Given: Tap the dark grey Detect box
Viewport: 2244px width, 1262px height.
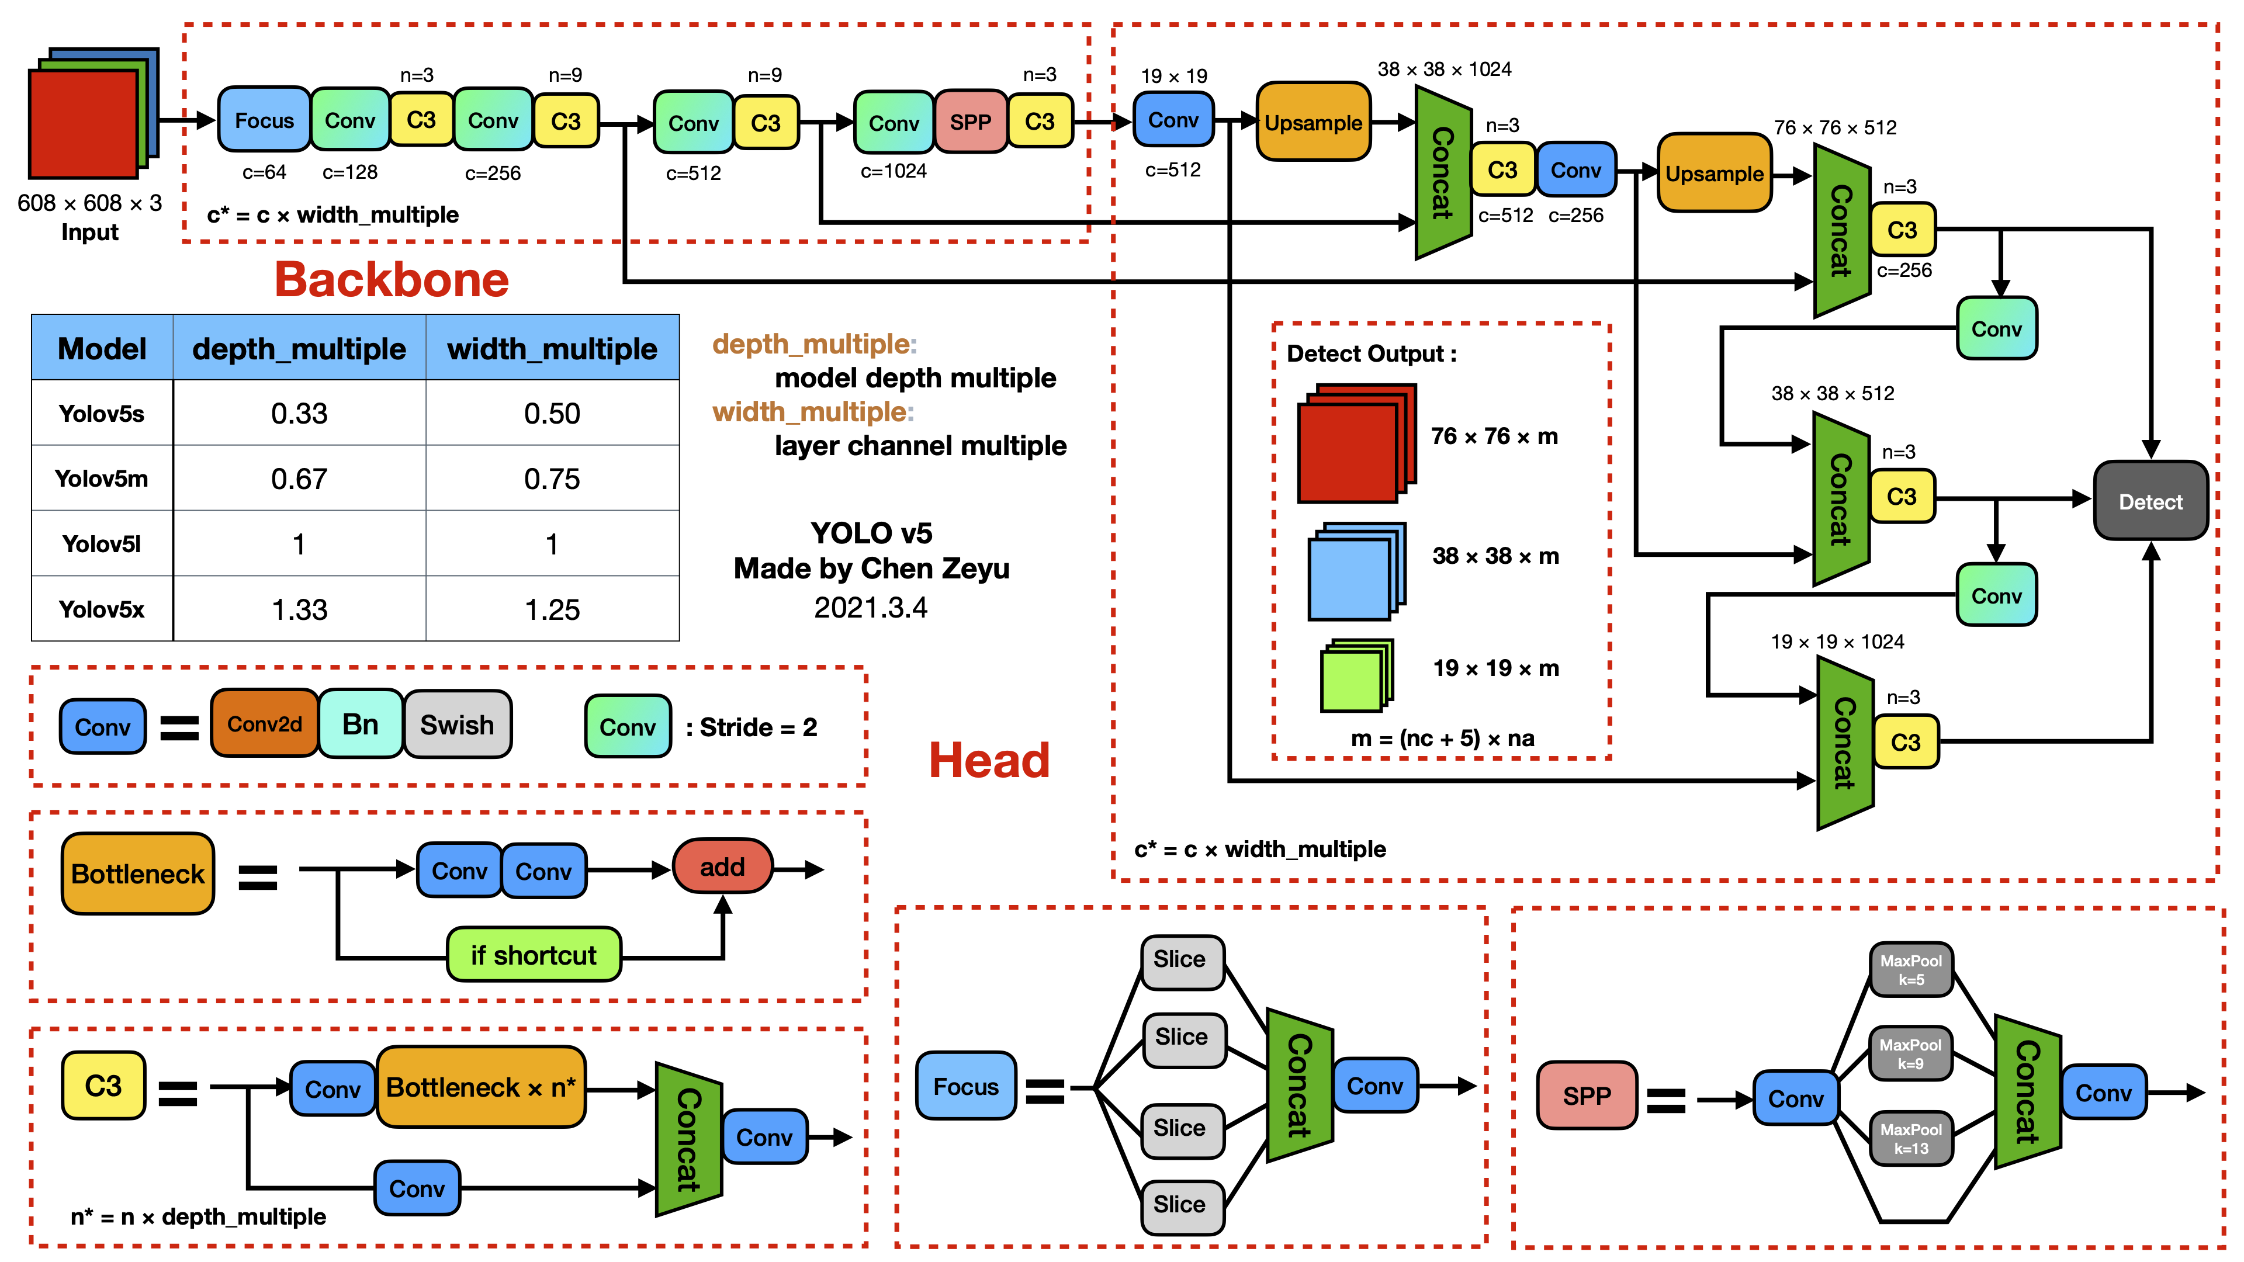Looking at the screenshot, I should (2149, 502).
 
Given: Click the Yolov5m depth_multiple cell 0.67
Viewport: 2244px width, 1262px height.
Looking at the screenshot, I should (299, 478).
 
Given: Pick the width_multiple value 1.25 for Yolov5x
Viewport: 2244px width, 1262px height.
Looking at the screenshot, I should (552, 609).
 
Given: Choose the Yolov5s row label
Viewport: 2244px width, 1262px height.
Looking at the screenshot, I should (101, 413).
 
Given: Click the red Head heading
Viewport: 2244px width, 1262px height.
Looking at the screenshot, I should (989, 760).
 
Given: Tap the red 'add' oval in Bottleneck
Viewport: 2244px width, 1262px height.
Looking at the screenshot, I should (722, 866).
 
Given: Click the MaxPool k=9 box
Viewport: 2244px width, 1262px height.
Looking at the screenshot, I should (1910, 1053).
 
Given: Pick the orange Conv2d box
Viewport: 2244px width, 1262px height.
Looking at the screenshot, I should (264, 724).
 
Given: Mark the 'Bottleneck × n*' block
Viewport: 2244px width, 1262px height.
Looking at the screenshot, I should (480, 1087).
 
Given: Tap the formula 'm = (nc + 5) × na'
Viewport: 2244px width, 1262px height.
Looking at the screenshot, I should (1442, 739).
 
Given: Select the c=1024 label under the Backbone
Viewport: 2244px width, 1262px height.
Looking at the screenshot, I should (893, 171).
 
